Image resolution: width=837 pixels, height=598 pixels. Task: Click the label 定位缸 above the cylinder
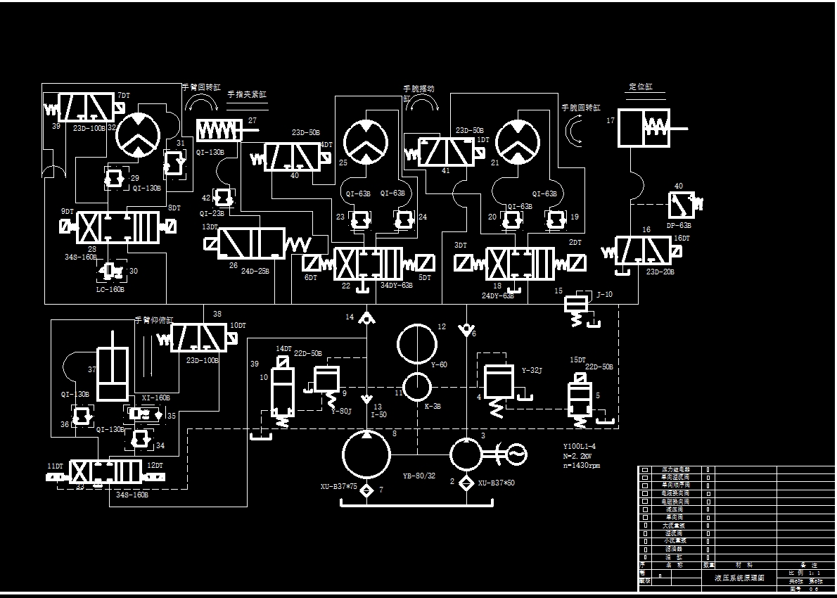point(641,87)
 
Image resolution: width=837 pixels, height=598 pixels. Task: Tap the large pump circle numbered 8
point(366,453)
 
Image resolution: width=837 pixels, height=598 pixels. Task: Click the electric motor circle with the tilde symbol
point(515,455)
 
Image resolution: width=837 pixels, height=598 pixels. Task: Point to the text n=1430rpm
point(581,466)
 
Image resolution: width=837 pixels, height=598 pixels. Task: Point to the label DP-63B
point(679,226)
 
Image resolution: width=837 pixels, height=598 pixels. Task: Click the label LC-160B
point(110,289)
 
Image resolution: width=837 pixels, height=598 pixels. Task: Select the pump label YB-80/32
point(419,476)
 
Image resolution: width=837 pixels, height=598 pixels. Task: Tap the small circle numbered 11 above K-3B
point(416,387)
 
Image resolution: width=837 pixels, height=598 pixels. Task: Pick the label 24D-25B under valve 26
point(255,270)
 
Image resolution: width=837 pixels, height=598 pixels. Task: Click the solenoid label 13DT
point(210,227)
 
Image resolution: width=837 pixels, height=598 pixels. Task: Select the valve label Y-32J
point(532,370)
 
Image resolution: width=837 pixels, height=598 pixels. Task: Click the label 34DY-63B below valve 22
point(397,286)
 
